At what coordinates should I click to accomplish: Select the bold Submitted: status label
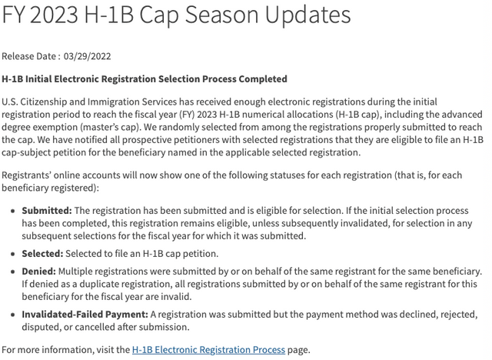click(x=47, y=210)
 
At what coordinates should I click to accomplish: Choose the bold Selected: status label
click(x=43, y=253)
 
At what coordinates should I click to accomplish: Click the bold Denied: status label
click(x=38, y=271)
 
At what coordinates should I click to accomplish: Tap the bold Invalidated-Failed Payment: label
click(x=85, y=314)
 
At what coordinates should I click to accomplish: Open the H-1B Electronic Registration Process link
click(x=208, y=349)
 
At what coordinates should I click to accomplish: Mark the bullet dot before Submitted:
click(x=12, y=210)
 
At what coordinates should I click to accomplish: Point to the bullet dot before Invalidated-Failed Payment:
click(x=12, y=314)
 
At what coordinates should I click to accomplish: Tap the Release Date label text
click(x=28, y=56)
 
